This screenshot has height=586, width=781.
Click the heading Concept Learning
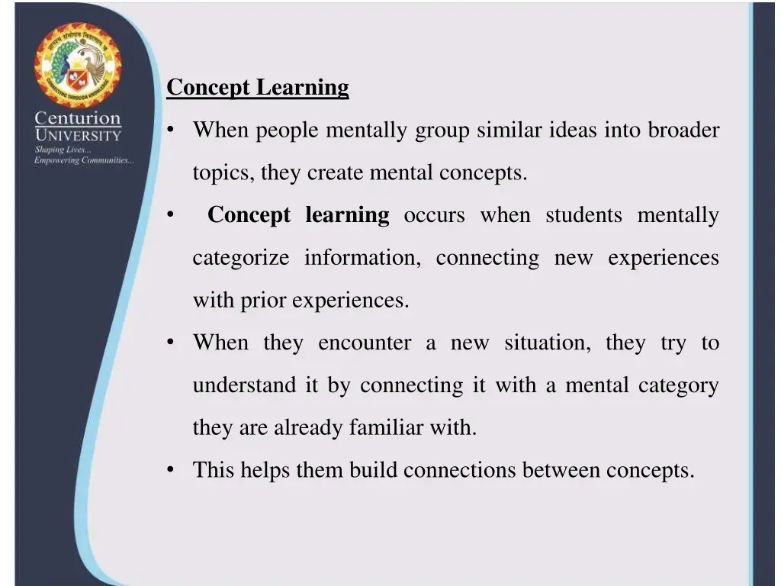click(258, 88)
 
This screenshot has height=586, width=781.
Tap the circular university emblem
click(77, 66)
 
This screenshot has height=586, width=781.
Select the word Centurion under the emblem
click(78, 119)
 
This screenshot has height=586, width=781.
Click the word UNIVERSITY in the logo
click(78, 136)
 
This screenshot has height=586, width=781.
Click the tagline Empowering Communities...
click(84, 160)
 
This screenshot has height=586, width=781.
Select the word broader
click(683, 130)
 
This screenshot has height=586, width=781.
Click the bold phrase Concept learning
click(298, 215)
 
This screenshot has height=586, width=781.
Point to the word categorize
click(240, 258)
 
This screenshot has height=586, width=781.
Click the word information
click(362, 258)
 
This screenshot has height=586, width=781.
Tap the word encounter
click(365, 343)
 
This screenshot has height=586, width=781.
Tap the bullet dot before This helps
click(170, 470)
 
